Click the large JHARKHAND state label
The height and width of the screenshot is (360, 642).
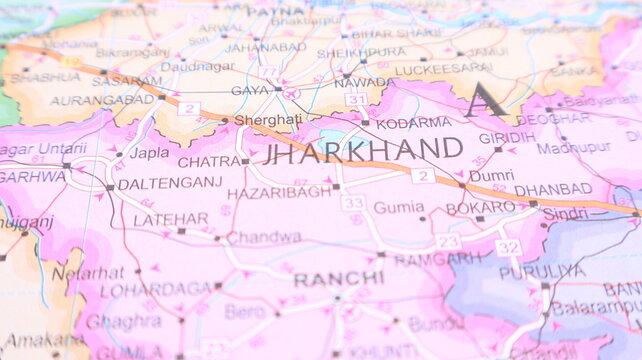[x=363, y=151]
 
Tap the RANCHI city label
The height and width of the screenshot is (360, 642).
[x=325, y=279]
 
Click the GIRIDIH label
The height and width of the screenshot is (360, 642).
[x=507, y=137]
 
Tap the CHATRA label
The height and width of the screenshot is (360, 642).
[x=208, y=161]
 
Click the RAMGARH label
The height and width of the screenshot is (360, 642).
[x=439, y=259]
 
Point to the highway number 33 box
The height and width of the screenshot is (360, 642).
[x=352, y=203]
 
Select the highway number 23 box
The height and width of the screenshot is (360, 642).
[x=448, y=241]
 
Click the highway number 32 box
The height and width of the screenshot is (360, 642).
[x=508, y=246]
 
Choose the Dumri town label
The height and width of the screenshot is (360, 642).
[x=492, y=175]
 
